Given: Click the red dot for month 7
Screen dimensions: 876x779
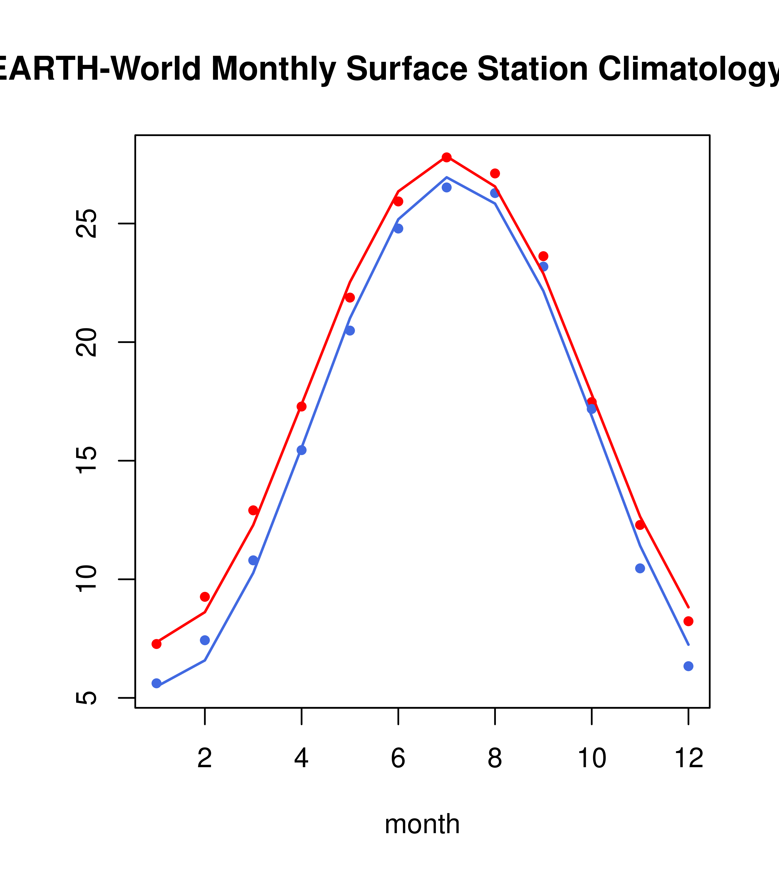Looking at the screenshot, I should (446, 157).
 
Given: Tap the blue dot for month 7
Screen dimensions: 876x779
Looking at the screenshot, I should (446, 187).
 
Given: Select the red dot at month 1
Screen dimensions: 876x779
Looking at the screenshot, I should (156, 644).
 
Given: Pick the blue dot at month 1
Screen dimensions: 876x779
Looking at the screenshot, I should (156, 683).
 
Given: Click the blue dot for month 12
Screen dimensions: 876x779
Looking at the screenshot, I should (688, 666).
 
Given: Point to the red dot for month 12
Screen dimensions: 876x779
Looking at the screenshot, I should (688, 621).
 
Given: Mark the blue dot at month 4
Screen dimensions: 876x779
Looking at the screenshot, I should (301, 450).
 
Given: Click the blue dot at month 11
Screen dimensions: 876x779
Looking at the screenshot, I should (640, 568).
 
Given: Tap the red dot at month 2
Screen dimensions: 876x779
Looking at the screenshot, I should (205, 597).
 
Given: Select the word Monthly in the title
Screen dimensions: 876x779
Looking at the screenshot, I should (273, 69).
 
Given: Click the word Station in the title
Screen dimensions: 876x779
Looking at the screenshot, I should (532, 69).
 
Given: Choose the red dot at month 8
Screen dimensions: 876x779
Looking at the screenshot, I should (495, 173).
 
